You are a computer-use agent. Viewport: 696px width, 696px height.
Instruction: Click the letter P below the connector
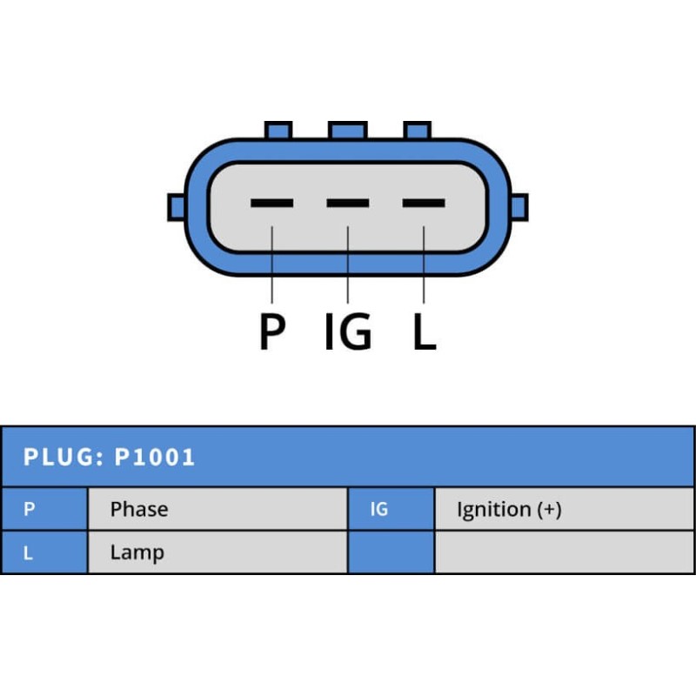click(x=272, y=331)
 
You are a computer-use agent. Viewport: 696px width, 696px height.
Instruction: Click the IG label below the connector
click(x=348, y=331)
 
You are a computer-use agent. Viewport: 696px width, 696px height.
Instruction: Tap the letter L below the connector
click(x=424, y=331)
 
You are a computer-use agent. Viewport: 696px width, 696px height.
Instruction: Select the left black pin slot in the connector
click(x=271, y=204)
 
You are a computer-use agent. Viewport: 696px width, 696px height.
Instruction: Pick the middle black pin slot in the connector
click(x=348, y=204)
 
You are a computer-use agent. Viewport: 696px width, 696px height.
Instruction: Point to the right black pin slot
click(x=424, y=204)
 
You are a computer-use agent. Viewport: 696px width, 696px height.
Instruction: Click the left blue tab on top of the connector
click(x=278, y=130)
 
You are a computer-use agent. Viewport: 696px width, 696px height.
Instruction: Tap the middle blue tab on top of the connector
click(x=348, y=130)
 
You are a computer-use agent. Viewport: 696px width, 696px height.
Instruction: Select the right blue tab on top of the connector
click(x=418, y=130)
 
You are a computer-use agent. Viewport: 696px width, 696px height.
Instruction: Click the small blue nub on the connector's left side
click(x=176, y=207)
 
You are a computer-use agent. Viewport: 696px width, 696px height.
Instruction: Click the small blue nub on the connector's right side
click(x=519, y=207)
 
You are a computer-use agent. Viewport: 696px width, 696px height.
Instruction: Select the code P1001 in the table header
click(x=155, y=457)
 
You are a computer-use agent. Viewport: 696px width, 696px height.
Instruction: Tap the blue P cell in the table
click(x=43, y=509)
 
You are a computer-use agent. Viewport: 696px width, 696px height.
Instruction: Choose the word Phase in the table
click(x=139, y=509)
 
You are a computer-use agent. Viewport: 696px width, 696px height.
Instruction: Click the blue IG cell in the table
click(x=391, y=509)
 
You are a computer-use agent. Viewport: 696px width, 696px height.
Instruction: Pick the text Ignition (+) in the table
click(x=509, y=510)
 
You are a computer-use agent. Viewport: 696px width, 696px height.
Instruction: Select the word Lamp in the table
click(x=137, y=552)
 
